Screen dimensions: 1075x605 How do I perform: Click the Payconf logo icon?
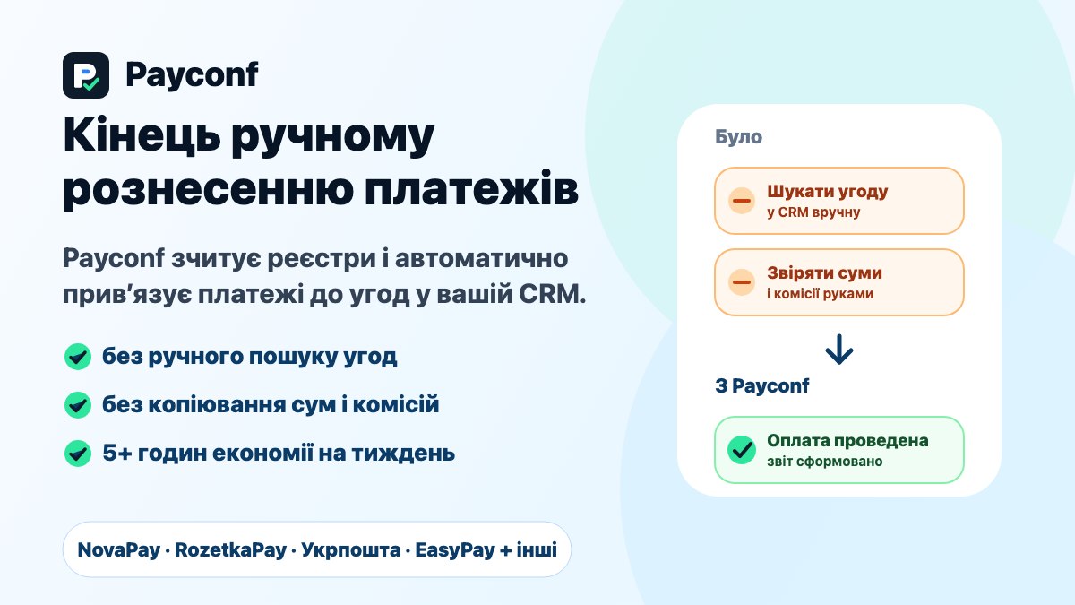tap(86, 75)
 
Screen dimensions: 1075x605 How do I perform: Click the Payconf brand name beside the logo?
tap(192, 75)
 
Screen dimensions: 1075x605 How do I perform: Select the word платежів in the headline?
tap(471, 188)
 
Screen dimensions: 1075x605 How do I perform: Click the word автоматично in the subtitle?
tap(481, 258)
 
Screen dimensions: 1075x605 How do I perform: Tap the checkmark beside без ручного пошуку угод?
tap(78, 357)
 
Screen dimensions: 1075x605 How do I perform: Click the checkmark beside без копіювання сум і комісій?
tap(78, 405)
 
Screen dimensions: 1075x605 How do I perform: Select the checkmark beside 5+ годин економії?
tap(78, 454)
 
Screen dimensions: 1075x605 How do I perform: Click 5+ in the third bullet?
tap(117, 453)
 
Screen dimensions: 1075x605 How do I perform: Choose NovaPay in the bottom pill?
tap(118, 549)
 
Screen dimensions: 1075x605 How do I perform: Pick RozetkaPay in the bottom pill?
tap(230, 549)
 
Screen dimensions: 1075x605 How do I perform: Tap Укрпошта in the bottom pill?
tap(351, 550)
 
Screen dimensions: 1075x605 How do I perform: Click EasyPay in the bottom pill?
tap(455, 550)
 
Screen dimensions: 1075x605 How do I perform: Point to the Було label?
tap(738, 137)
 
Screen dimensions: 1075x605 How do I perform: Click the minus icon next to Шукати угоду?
tap(742, 201)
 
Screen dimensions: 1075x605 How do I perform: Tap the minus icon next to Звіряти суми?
tap(742, 282)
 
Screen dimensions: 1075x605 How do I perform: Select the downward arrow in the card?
tap(839, 350)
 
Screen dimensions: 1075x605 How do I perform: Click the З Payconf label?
tap(762, 385)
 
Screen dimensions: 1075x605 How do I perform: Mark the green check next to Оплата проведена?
tap(742, 450)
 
